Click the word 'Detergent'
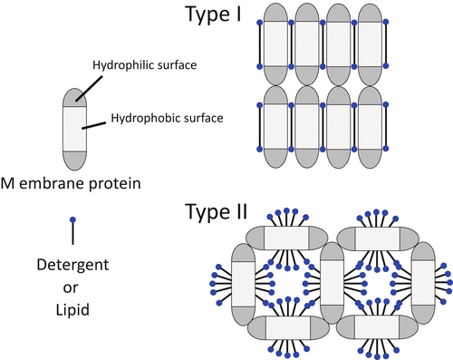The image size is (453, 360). click(x=73, y=264)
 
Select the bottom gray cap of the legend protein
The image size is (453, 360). click(x=74, y=156)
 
